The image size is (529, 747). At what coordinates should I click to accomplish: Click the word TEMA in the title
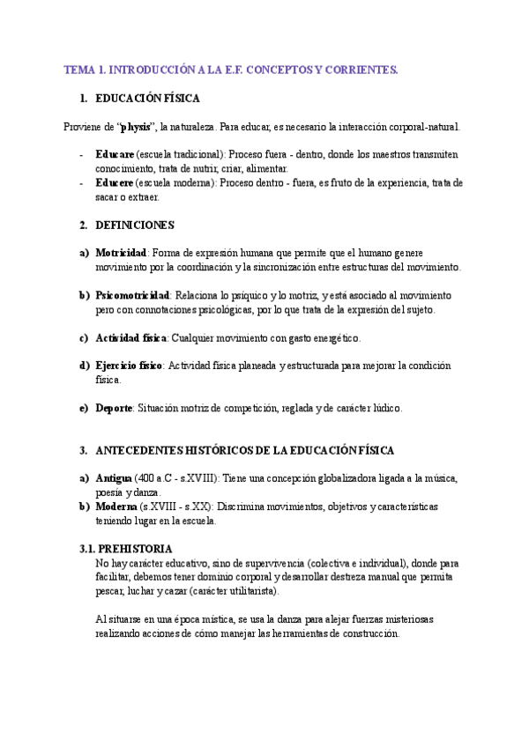(x=79, y=69)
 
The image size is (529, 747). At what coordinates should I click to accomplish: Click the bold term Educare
(x=115, y=155)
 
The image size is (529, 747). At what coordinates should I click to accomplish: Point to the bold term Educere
(x=115, y=183)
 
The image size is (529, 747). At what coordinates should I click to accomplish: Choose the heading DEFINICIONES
(x=135, y=226)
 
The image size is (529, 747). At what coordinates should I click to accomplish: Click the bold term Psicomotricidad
(x=132, y=296)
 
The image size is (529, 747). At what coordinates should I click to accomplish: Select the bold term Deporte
(x=114, y=409)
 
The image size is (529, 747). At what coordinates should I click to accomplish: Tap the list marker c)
(x=84, y=338)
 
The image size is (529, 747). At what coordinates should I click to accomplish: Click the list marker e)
(x=84, y=409)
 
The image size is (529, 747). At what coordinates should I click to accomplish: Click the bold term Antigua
(x=114, y=478)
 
